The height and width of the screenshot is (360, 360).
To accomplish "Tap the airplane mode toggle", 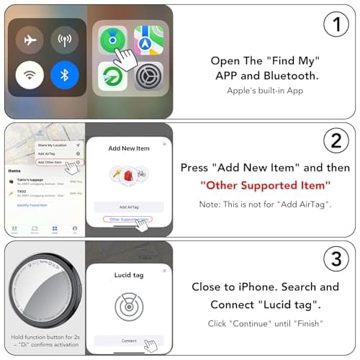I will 30,40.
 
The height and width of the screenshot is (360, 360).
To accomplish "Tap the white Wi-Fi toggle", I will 30,75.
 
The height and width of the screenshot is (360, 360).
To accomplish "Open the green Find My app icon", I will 113,41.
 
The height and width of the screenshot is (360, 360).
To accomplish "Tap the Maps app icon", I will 148,41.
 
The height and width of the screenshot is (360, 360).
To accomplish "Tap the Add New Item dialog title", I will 130,148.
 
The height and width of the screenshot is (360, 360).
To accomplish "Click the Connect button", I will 130,341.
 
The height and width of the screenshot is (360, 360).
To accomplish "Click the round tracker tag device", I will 42,292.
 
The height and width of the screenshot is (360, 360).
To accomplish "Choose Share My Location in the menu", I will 52,145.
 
